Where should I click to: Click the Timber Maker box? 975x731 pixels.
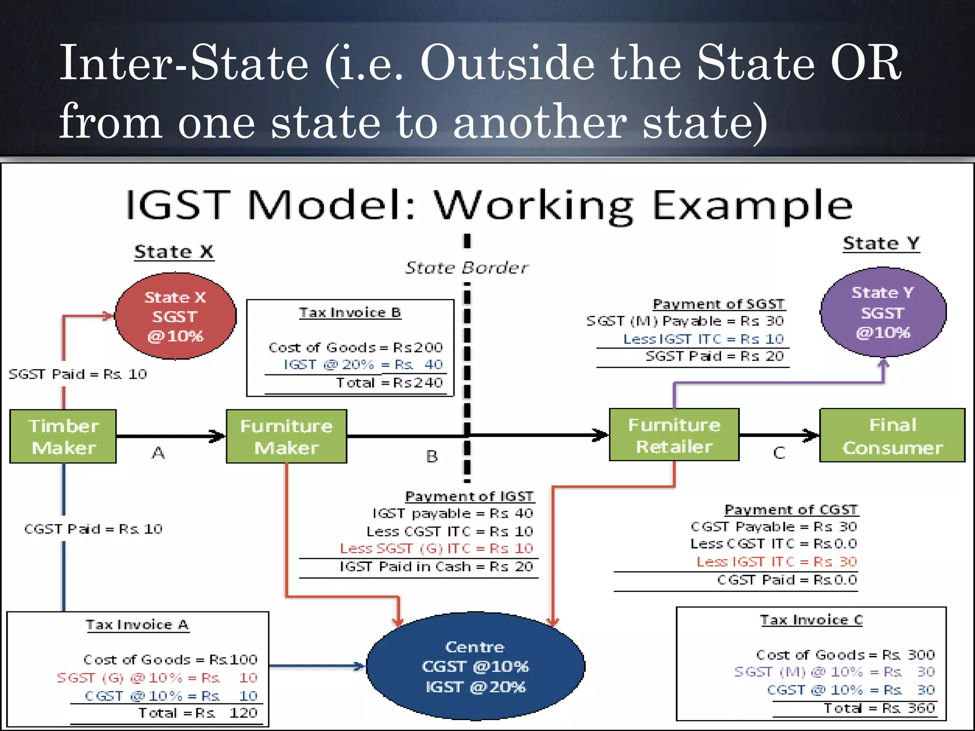pos(63,436)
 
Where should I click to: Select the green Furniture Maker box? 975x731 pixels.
pos(286,436)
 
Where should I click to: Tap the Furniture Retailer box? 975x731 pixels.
pos(674,435)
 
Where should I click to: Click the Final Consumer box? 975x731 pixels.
pos(892,435)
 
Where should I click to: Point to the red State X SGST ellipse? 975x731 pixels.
pos(175,316)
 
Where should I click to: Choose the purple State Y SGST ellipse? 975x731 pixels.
pos(883,312)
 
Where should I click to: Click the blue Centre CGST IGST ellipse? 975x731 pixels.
pos(475,666)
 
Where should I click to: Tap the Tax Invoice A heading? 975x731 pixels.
pos(137,624)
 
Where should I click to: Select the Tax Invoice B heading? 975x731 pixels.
pos(350,313)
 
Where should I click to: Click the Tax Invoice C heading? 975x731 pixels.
pos(811,620)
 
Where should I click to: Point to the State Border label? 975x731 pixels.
pos(467,268)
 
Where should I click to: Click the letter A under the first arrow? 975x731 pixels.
pos(158,453)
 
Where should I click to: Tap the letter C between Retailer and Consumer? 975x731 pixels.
pos(779,453)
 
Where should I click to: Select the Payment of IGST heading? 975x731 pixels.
pos(469,496)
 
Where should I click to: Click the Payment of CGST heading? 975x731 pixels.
pos(791,510)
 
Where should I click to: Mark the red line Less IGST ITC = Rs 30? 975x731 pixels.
pos(776,562)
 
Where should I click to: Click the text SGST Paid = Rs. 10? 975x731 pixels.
pos(78,375)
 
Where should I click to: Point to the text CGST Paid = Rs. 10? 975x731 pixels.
pos(93,529)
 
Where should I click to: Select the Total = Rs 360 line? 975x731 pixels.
pos(879,708)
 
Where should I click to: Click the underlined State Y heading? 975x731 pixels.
pos(881,244)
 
